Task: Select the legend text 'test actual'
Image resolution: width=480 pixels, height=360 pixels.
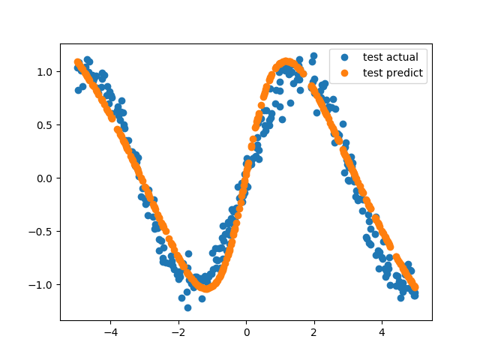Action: click(390, 57)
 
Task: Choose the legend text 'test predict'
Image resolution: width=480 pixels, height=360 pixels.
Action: click(392, 73)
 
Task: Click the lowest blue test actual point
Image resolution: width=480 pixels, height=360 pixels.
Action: click(187, 307)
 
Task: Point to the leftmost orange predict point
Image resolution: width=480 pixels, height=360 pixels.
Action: click(78, 62)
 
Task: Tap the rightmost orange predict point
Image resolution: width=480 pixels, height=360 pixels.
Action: click(415, 287)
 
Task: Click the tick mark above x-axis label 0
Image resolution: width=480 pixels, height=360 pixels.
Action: click(246, 322)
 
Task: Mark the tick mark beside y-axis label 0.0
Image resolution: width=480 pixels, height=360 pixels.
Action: click(58, 178)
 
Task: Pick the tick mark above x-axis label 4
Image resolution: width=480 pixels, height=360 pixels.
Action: click(382, 322)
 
